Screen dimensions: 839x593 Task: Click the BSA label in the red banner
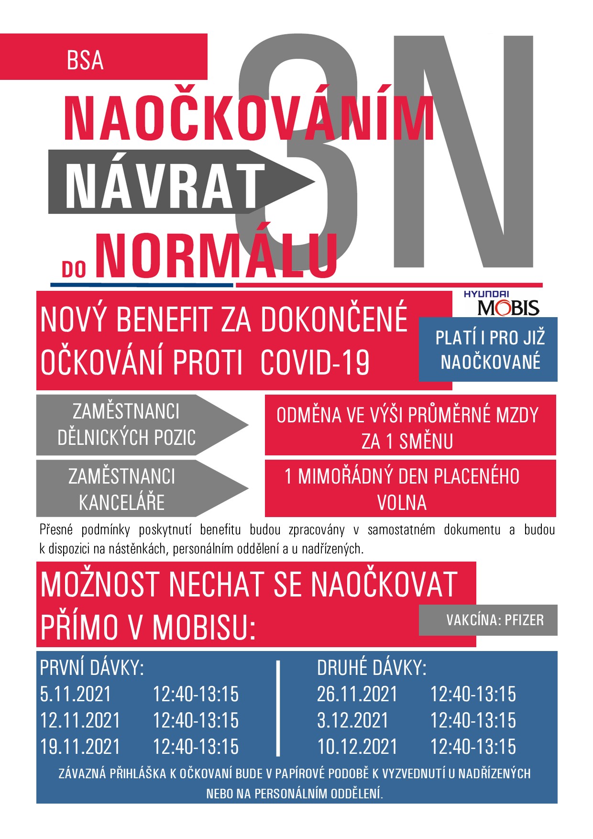85,60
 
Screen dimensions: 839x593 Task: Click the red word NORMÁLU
218,255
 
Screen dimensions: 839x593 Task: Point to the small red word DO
74,270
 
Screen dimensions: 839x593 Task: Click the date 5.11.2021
75,694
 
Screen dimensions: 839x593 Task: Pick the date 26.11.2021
357,694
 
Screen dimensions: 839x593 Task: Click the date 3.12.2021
352,720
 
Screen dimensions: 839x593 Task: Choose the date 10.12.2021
357,747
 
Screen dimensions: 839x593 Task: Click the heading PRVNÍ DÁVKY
92,668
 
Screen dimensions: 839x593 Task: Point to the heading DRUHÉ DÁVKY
372,668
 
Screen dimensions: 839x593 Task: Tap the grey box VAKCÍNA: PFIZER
494,620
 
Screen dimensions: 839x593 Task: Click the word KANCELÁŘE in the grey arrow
121,503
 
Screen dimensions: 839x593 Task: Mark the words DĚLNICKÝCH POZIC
126,437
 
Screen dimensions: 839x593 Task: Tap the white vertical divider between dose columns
278,707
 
